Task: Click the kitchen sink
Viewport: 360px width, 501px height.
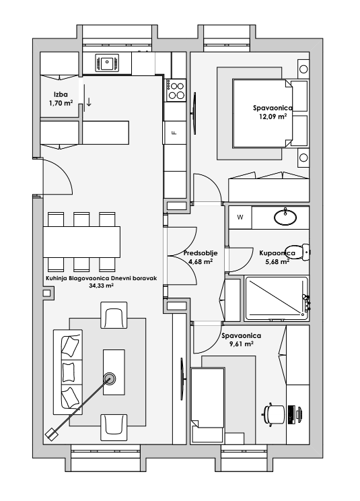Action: pos(107,62)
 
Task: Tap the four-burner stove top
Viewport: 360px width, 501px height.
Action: pos(176,90)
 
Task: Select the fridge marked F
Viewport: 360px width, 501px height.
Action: pos(174,133)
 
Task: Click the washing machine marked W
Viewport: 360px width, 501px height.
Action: pos(240,218)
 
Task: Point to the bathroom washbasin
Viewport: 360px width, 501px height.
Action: pos(285,217)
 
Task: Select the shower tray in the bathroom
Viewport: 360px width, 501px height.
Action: pos(276,299)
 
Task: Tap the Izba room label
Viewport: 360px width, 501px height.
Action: pos(61,94)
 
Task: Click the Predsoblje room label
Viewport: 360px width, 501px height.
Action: pos(201,253)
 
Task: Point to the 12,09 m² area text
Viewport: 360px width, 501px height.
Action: pos(273,116)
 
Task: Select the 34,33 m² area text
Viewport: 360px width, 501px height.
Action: pos(102,286)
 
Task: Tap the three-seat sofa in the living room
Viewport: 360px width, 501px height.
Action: pos(68,370)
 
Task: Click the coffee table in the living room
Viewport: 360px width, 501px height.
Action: pos(114,372)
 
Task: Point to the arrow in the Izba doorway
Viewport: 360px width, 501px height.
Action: pos(89,101)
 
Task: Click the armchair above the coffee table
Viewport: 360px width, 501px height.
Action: pos(114,315)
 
